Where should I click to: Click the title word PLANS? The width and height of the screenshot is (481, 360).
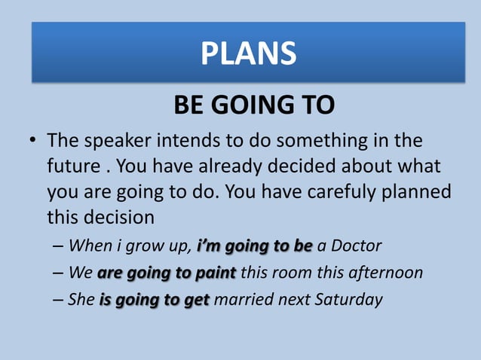click(x=248, y=53)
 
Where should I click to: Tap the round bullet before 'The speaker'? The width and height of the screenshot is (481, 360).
click(x=32, y=142)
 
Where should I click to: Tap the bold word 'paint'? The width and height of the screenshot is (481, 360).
click(x=215, y=272)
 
